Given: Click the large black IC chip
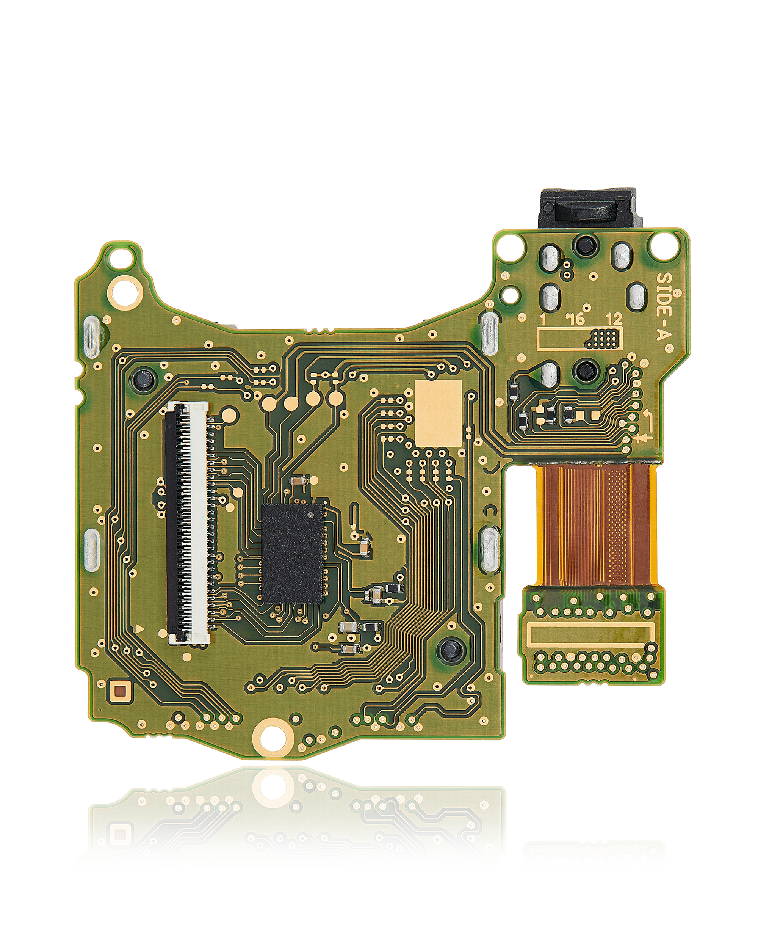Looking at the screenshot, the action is (x=293, y=553).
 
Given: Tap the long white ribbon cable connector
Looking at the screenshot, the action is (x=187, y=523).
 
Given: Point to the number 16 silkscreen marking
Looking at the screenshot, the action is (x=575, y=319).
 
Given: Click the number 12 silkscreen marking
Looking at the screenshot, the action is (x=614, y=319).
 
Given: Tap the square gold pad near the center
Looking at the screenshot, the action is (x=439, y=413).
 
